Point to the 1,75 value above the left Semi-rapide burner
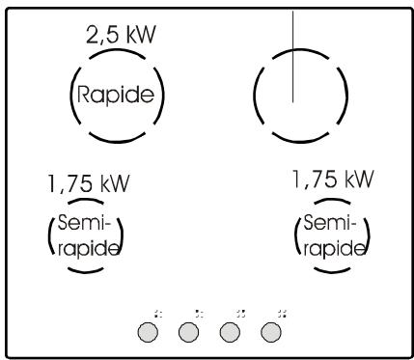tap(68, 183)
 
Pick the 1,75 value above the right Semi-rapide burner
tap(310, 180)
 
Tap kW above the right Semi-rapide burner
tap(354, 180)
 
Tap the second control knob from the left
tap(188, 331)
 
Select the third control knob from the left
tap(230, 331)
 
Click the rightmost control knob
tap(272, 331)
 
